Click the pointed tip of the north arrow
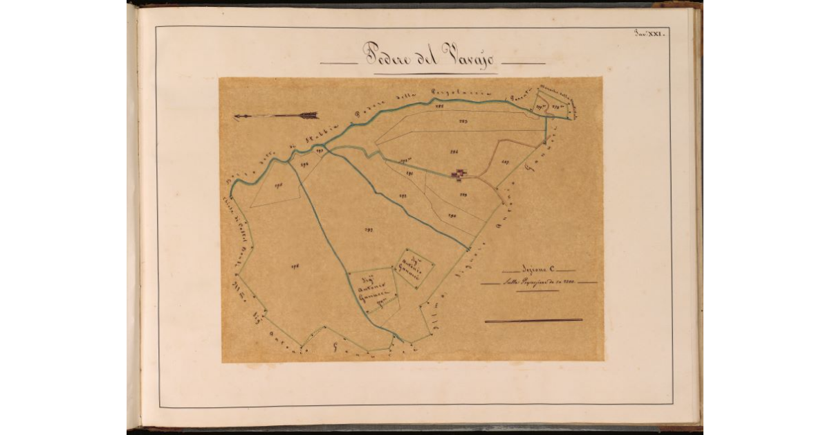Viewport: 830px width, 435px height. (237, 117)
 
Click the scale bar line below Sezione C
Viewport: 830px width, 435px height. (533, 321)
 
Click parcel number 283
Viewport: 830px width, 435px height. (463, 122)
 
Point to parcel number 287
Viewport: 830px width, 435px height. (505, 162)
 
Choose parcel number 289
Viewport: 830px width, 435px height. (463, 195)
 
